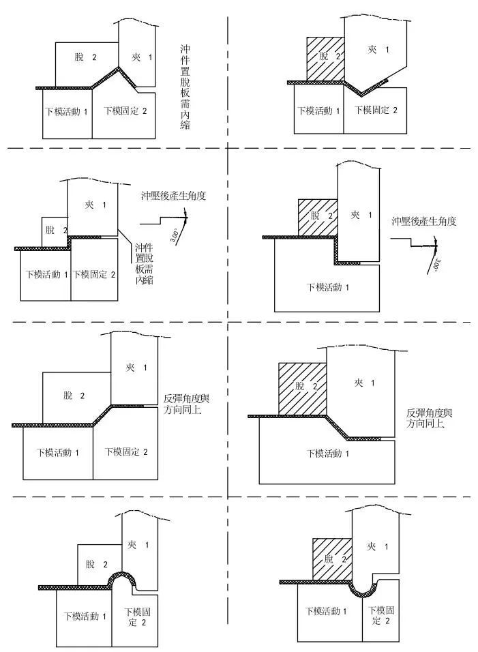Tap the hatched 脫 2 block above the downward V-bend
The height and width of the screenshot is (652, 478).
click(x=324, y=59)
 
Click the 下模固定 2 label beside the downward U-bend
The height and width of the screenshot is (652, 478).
click(x=379, y=615)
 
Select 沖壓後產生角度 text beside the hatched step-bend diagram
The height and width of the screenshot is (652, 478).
click(x=423, y=222)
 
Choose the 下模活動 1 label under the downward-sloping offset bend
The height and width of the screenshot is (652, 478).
click(x=329, y=453)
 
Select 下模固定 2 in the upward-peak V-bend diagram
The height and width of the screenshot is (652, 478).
click(x=125, y=110)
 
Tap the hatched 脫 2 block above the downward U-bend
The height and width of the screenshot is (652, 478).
click(x=331, y=559)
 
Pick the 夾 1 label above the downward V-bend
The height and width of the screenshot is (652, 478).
click(x=377, y=50)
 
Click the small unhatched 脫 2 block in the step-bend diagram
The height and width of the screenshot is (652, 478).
click(x=55, y=231)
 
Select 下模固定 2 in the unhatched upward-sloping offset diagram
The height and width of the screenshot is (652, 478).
click(x=125, y=451)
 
